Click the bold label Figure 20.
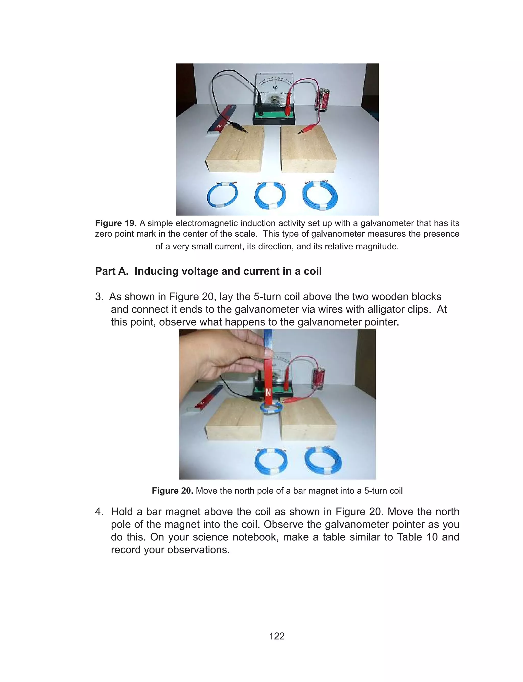click(x=172, y=491)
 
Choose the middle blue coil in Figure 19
click(x=270, y=196)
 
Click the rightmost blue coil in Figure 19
click(x=320, y=195)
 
